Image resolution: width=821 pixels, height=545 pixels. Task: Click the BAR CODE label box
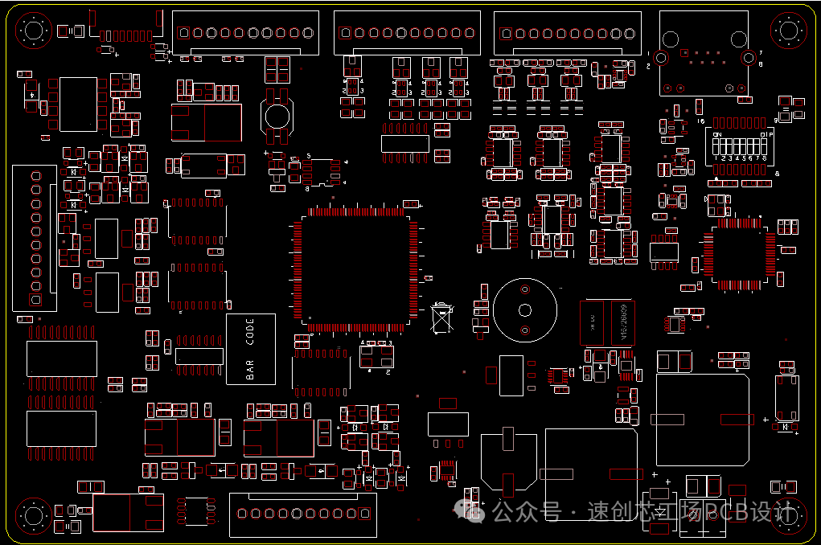(x=250, y=349)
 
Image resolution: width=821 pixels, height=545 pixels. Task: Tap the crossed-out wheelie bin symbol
(x=441, y=318)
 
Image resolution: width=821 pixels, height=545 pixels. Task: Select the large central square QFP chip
(x=355, y=270)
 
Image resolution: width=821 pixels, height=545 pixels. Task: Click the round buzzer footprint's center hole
(x=525, y=311)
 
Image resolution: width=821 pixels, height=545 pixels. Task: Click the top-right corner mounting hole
(x=788, y=31)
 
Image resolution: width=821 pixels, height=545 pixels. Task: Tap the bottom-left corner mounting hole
(x=33, y=515)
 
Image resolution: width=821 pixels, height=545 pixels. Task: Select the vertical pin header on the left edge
(x=34, y=238)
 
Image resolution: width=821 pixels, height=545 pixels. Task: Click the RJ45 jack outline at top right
(x=704, y=54)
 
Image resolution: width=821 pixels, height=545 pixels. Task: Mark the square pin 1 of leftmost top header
(x=184, y=33)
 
